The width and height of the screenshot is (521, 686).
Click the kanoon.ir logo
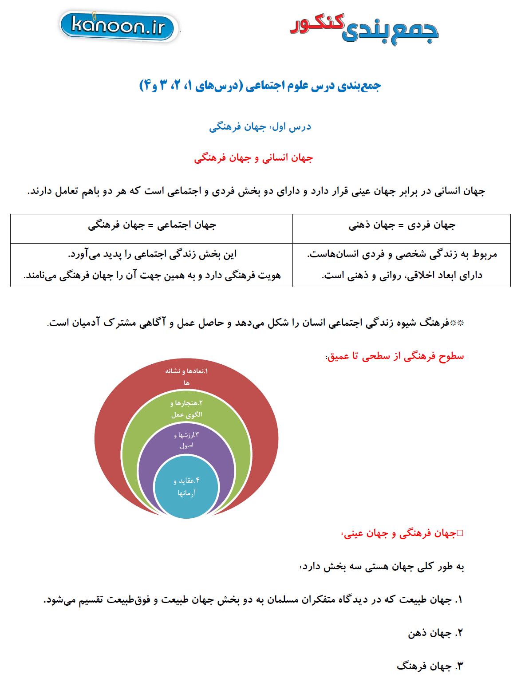click(118, 27)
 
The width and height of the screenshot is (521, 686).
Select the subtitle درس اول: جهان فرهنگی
click(260, 127)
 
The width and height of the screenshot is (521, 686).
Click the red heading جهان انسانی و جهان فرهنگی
click(253, 158)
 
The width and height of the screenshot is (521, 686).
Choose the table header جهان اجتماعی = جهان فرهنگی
click(152, 225)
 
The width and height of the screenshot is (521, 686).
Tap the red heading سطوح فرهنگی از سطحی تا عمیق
click(395, 356)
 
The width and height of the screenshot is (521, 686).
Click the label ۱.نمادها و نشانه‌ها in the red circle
click(186, 376)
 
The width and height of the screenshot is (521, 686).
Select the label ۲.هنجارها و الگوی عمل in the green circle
click(186, 409)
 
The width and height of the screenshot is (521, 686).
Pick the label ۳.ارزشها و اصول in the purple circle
click(186, 440)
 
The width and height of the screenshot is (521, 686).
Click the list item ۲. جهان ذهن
click(435, 633)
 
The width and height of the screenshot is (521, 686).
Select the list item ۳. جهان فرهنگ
click(430, 666)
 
